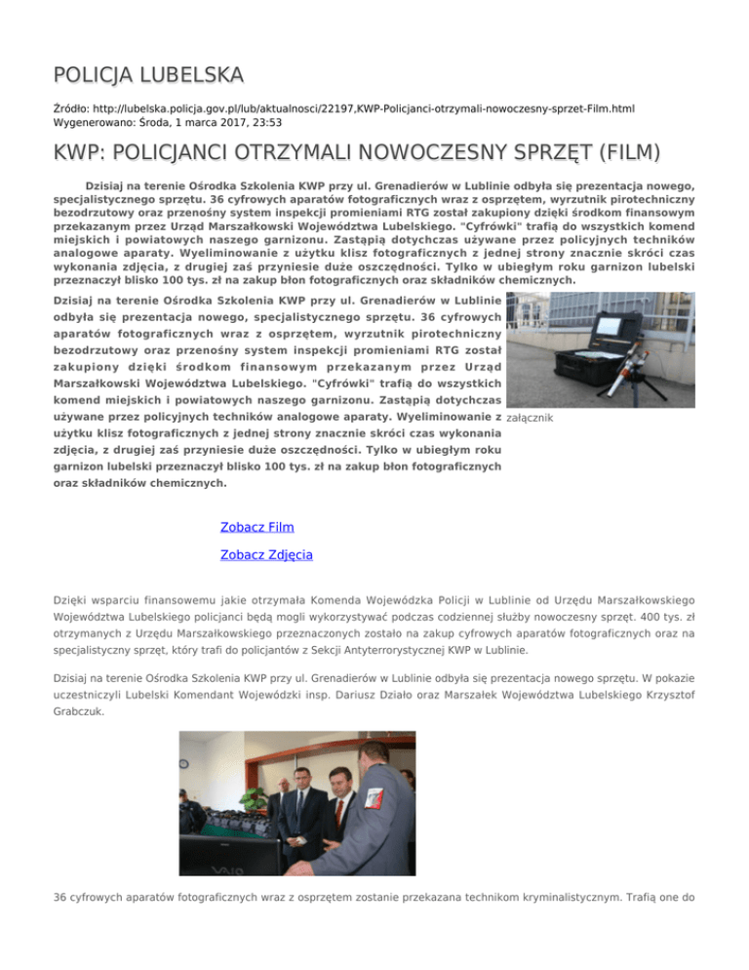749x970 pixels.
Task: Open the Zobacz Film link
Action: tap(257, 527)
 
